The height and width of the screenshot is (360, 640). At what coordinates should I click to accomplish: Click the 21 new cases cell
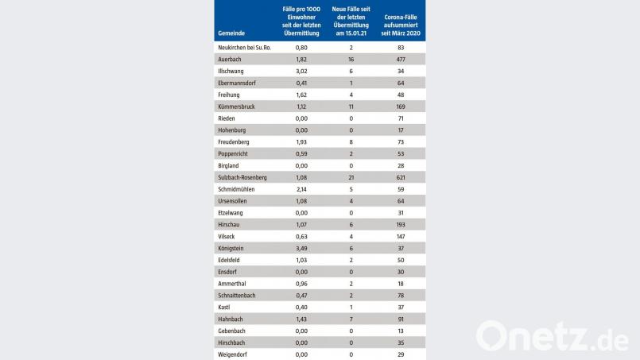click(351, 177)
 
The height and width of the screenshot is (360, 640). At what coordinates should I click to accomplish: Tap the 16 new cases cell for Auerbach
click(351, 59)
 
